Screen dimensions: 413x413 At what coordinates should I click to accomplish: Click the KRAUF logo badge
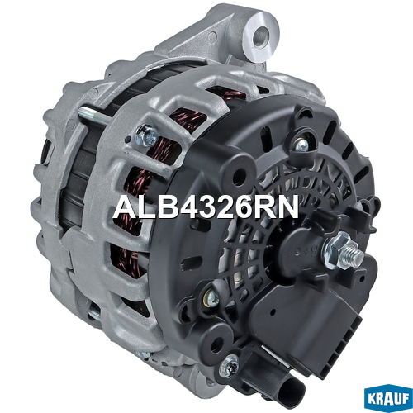click(388, 396)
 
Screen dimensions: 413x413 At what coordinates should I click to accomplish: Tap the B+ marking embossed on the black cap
click(303, 250)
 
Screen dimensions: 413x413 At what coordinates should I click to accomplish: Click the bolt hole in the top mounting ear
click(260, 35)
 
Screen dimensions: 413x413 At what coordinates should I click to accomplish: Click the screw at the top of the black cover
click(302, 145)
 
